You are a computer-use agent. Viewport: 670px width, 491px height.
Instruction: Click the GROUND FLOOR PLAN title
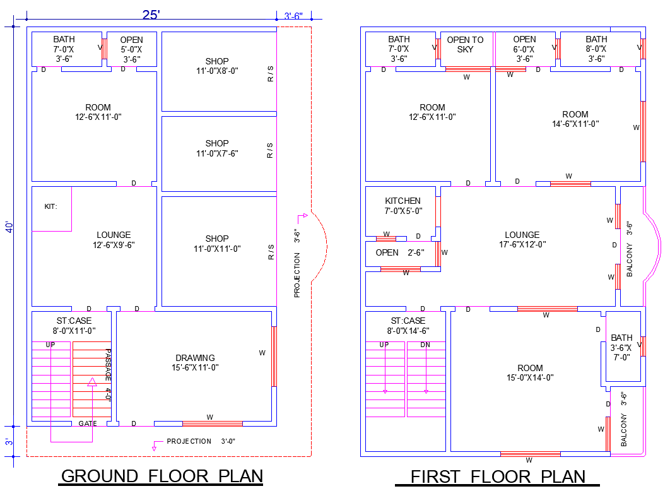(162, 476)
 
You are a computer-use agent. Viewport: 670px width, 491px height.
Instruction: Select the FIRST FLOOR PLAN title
(498, 476)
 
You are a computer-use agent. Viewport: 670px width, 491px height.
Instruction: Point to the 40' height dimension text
(9, 227)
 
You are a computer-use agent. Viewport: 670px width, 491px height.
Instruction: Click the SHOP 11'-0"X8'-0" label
(217, 66)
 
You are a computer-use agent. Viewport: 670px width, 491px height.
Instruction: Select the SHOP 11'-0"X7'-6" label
(217, 148)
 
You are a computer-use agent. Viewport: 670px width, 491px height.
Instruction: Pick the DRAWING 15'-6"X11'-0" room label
(195, 363)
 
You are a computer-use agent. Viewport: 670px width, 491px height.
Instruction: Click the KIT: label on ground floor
(50, 206)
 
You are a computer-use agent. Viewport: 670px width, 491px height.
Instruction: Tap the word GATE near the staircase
(88, 423)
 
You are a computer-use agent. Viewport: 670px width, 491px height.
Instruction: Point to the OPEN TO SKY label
(466, 44)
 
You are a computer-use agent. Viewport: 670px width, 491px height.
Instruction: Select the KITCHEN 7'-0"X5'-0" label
(403, 206)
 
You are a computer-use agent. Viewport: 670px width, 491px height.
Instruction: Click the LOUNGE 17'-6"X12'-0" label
(522, 240)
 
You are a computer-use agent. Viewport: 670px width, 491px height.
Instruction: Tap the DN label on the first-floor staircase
(425, 345)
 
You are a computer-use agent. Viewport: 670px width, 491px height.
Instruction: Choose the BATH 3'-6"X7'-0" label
(621, 347)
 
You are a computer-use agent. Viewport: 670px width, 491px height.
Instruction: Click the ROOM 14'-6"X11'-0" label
(575, 119)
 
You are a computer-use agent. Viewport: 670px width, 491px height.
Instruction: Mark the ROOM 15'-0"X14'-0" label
(530, 372)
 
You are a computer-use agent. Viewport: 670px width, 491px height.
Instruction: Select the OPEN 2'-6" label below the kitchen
(399, 252)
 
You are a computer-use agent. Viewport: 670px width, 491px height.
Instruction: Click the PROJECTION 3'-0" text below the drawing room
(201, 441)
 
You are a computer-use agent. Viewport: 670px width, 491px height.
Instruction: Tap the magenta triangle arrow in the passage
(91, 381)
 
